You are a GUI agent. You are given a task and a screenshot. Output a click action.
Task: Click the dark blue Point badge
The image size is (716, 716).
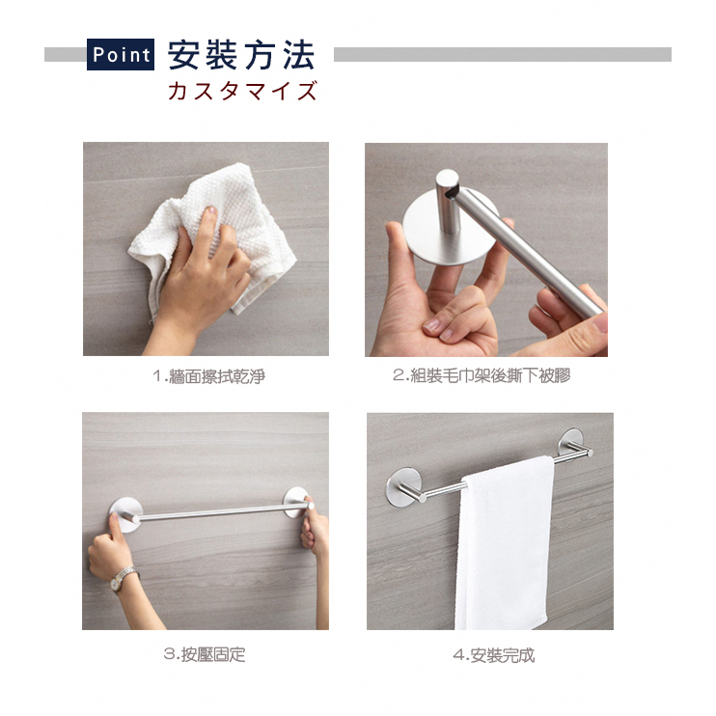(x=121, y=54)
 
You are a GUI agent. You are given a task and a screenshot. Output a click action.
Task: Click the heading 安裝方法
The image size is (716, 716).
(x=241, y=55)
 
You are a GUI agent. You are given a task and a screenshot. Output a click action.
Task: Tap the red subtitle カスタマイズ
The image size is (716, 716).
(x=242, y=90)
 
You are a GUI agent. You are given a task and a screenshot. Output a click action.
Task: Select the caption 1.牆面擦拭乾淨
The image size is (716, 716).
(x=208, y=376)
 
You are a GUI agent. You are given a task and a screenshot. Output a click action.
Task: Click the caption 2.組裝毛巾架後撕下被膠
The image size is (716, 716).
(x=482, y=375)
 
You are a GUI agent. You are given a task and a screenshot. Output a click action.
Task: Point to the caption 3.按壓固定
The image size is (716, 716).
(x=205, y=654)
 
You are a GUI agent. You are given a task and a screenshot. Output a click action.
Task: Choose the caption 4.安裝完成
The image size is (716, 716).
(x=494, y=655)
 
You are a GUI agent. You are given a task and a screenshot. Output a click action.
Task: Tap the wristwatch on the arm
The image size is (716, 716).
(x=121, y=579)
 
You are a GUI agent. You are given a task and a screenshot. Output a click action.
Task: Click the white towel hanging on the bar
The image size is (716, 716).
(x=505, y=543)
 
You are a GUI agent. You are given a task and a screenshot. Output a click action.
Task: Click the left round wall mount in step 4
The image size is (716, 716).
(x=401, y=486)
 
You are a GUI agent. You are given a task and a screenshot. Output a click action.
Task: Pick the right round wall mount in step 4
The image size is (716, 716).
(x=572, y=443)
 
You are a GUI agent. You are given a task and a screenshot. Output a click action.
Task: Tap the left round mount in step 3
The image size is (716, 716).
(x=127, y=515)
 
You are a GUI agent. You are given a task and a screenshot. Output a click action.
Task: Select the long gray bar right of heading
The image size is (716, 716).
(x=503, y=54)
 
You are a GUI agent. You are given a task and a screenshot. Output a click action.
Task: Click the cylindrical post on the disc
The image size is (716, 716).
(x=448, y=201)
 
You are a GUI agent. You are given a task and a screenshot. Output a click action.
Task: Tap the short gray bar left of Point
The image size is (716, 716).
(x=66, y=54)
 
